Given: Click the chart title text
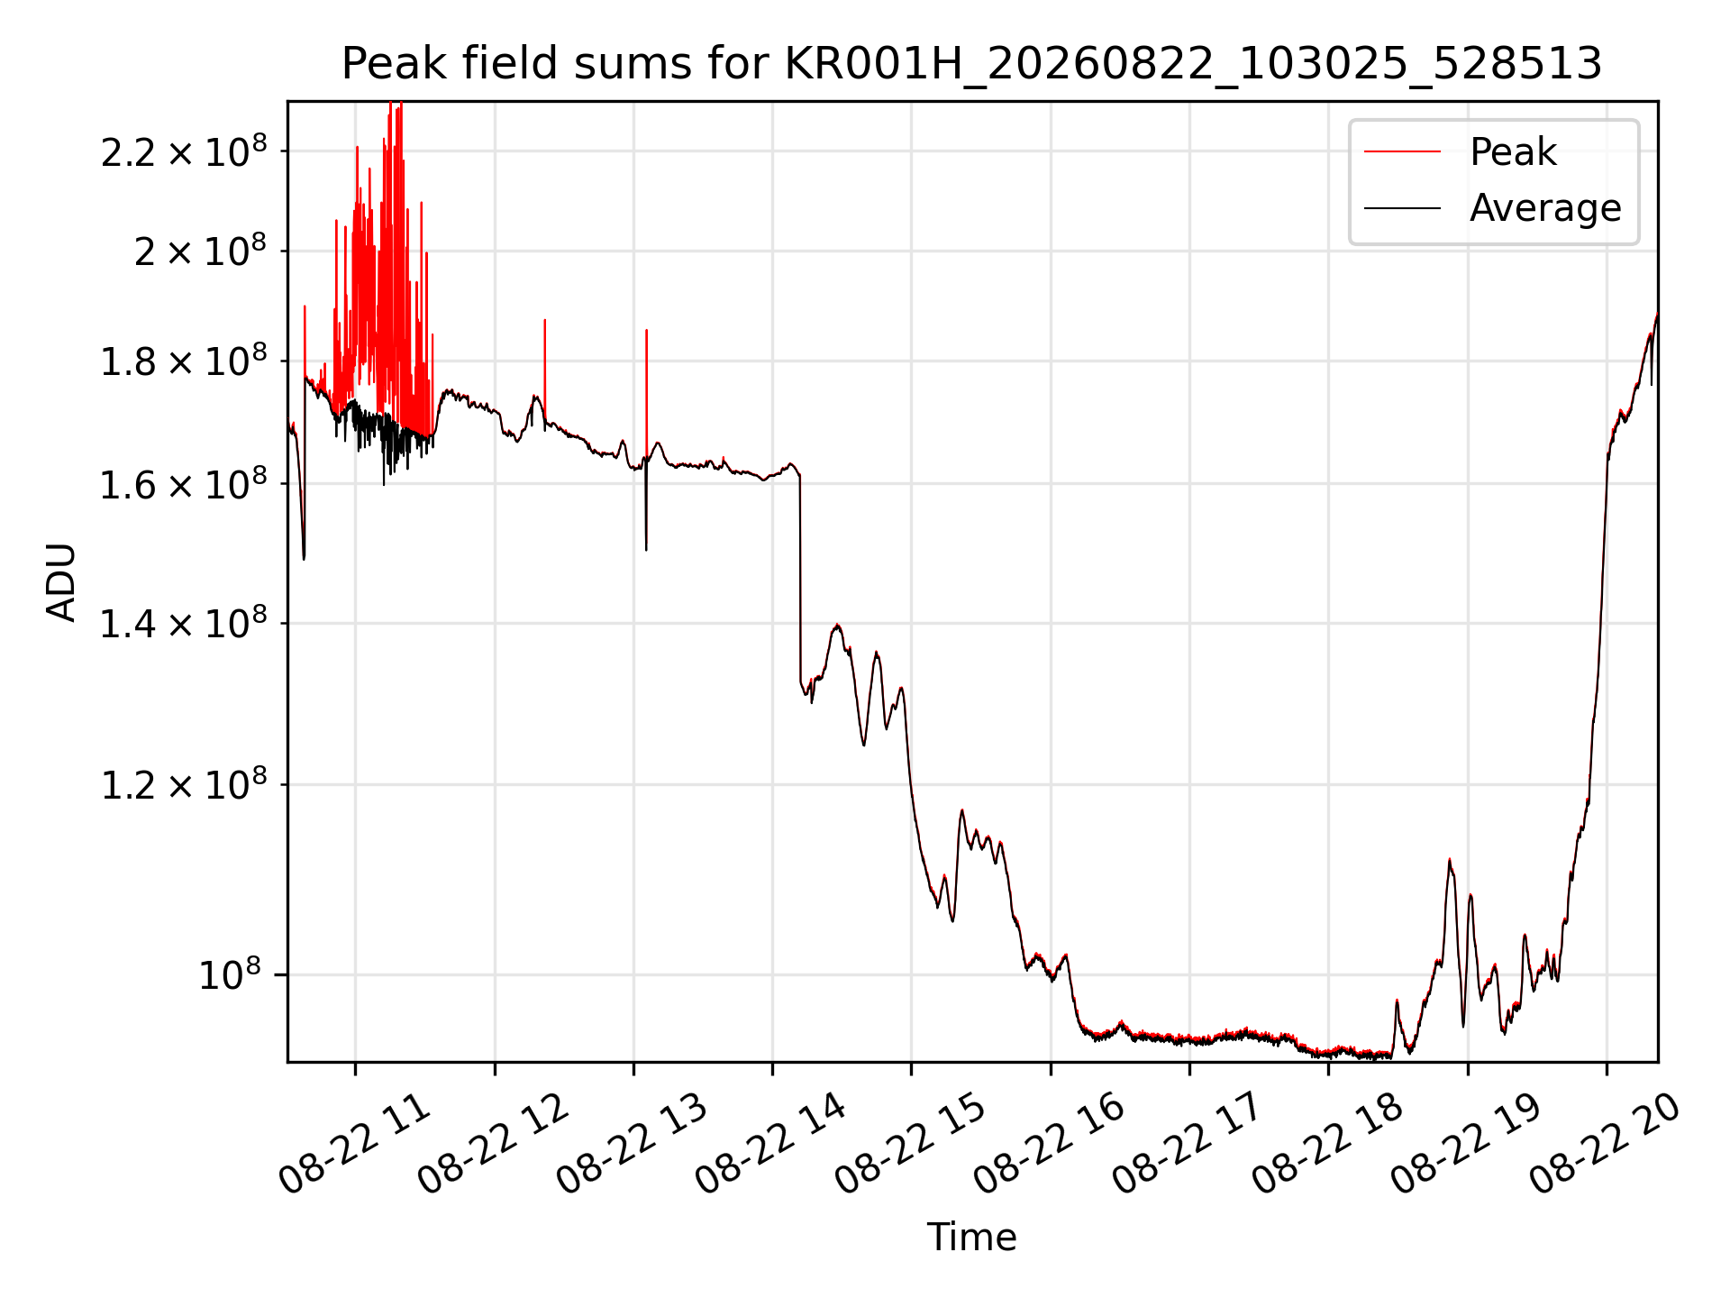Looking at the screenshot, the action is [972, 64].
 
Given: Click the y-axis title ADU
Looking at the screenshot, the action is [61, 582].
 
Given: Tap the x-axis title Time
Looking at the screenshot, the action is [972, 1237].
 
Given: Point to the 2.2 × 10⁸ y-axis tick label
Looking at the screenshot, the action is [184, 151].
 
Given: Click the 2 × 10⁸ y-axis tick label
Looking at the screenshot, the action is [200, 251].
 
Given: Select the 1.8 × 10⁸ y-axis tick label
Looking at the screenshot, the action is [184, 361].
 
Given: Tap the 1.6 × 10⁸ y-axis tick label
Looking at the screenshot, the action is [184, 484].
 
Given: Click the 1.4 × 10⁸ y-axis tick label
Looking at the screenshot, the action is [184, 623].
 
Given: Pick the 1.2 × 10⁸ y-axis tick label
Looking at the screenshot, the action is [184, 784].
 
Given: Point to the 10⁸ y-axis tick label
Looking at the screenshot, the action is [230, 974].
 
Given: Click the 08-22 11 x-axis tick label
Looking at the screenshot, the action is [356, 1143].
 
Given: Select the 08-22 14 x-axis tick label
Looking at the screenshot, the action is [773, 1143].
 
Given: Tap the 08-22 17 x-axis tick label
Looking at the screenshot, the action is [1189, 1143].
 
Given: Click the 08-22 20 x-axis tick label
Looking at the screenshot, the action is [1607, 1143].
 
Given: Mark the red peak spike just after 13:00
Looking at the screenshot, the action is [646, 388].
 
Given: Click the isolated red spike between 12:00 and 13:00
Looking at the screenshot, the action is [544, 370].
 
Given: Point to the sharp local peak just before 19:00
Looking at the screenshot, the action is [1450, 860].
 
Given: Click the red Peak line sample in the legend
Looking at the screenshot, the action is [1402, 151].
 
